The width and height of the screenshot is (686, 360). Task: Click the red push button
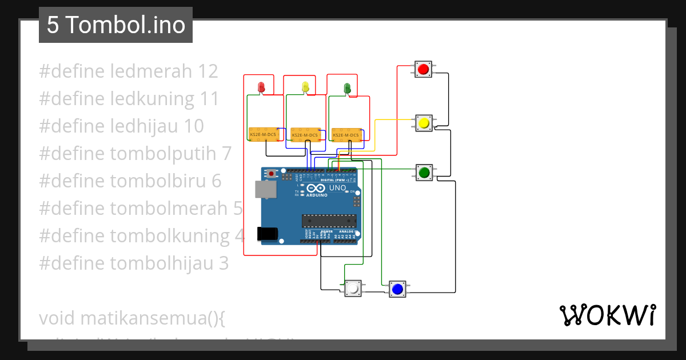click(423, 70)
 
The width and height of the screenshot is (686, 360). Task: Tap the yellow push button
click(424, 122)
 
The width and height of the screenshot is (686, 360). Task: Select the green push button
click(424, 172)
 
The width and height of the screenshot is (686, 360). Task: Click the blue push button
click(397, 289)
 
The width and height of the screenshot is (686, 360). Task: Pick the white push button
click(353, 289)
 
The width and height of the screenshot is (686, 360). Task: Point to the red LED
click(262, 87)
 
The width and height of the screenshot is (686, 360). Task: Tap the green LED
click(347, 87)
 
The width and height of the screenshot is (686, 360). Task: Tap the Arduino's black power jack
click(268, 233)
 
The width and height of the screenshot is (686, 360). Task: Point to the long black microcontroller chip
click(329, 220)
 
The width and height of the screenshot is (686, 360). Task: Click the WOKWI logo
click(608, 315)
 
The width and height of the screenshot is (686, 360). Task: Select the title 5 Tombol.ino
click(116, 25)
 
